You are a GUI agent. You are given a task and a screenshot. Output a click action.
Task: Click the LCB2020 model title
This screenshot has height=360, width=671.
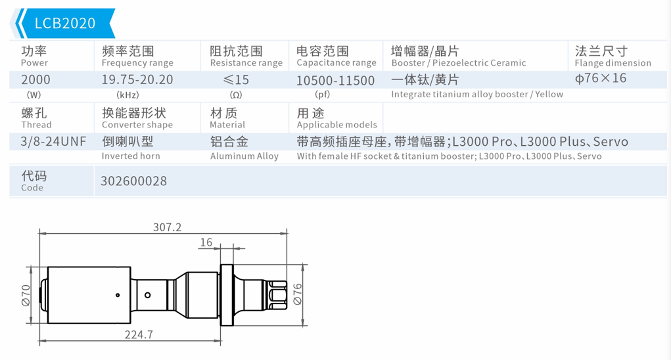tap(64, 23)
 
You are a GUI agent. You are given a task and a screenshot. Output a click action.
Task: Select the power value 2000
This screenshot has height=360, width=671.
tap(35, 79)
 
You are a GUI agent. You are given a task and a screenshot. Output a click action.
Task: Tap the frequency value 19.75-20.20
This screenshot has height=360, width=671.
tap(137, 79)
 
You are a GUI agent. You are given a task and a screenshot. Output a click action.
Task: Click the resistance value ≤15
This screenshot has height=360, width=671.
tap(236, 79)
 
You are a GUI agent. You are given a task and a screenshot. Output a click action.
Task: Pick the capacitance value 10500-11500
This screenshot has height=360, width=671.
tap(335, 80)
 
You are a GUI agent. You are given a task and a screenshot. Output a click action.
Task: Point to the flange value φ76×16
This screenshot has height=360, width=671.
tap(600, 78)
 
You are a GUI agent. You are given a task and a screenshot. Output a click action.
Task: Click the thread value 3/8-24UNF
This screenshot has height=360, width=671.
tap(53, 141)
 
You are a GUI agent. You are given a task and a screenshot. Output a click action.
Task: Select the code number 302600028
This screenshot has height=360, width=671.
tap(133, 181)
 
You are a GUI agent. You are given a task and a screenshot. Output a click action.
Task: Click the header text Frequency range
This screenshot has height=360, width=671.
tap(137, 63)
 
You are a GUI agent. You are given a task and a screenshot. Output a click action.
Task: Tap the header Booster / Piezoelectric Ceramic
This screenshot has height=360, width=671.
tap(458, 63)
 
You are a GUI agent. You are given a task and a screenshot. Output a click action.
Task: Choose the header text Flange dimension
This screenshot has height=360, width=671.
tap(613, 63)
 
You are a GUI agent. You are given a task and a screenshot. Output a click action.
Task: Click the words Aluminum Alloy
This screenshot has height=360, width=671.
tap(244, 156)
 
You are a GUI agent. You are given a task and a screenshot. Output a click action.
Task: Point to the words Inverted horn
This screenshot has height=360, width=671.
tap(131, 156)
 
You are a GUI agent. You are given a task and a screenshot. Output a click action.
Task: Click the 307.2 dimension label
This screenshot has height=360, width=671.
tap(167, 227)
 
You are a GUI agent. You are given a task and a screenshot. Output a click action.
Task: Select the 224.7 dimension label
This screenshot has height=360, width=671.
tap(139, 334)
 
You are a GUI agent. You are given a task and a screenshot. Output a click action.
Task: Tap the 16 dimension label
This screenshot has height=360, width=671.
tap(206, 242)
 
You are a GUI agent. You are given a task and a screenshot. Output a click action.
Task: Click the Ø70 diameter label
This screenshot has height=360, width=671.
tap(26, 295)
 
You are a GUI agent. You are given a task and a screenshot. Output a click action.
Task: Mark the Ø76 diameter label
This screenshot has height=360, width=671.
tap(297, 294)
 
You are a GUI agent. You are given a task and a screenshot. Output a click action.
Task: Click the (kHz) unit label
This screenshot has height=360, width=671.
tap(127, 95)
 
